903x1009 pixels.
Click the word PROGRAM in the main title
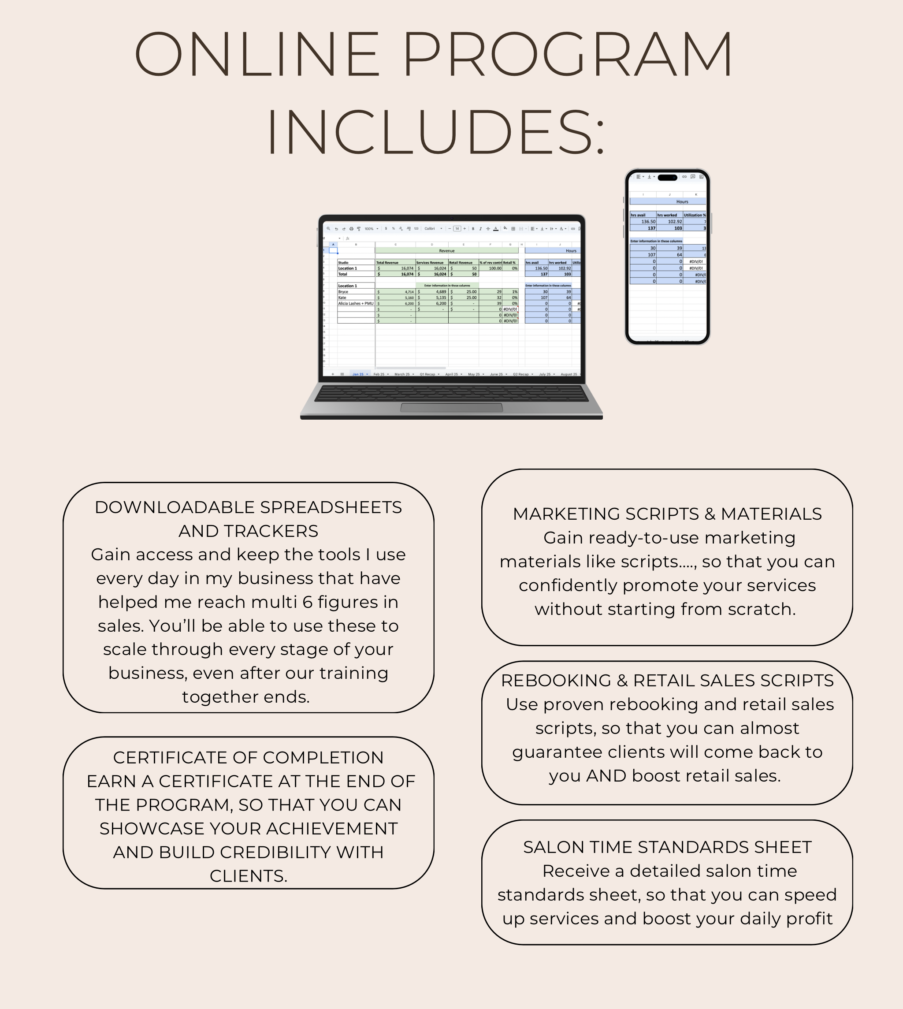coord(567,54)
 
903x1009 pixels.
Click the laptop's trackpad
coord(451,407)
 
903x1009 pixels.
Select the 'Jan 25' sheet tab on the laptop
coord(358,374)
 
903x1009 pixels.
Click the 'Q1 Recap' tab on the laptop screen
coord(427,374)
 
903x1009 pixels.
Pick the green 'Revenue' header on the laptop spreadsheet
coord(446,251)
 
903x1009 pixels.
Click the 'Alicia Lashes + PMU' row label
coord(356,303)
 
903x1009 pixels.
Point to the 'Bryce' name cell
coord(343,292)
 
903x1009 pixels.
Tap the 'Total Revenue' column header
coord(387,263)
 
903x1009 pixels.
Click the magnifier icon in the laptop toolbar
coord(328,229)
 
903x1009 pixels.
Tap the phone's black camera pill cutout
coord(667,177)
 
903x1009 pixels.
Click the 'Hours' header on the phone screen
coord(682,201)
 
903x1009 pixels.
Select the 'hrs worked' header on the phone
coord(667,215)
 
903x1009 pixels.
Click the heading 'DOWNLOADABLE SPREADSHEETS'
coord(248,507)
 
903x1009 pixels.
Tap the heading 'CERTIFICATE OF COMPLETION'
coord(248,757)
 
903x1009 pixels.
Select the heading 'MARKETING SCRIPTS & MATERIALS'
coord(667,514)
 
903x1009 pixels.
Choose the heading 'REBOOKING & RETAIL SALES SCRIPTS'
coord(667,681)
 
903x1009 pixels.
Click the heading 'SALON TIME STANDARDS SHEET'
coord(667,847)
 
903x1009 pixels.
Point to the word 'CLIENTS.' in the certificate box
coord(248,876)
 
